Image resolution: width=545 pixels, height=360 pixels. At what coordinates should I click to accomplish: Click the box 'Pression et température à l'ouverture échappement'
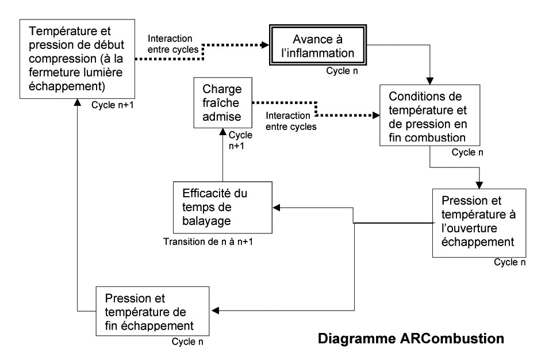tap(479, 223)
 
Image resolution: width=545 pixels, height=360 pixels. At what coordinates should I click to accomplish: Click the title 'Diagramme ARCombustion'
tap(411, 339)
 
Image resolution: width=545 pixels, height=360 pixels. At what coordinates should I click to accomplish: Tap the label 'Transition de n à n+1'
tap(209, 241)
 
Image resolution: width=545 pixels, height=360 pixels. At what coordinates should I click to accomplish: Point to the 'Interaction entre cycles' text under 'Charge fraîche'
tap(291, 121)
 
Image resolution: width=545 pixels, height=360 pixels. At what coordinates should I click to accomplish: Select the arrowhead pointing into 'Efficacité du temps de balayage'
tap(277, 208)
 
